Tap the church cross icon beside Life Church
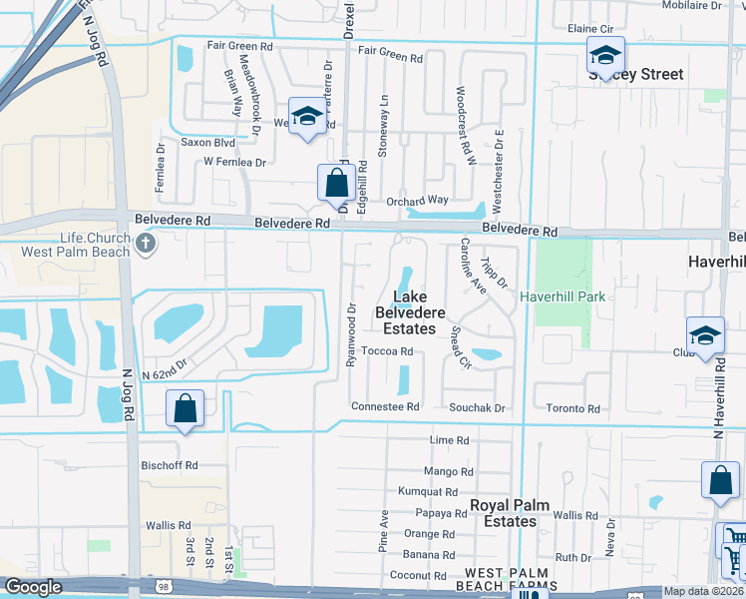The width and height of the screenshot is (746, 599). [146, 243]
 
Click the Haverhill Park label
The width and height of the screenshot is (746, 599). [561, 297]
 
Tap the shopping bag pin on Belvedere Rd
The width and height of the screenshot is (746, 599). [336, 185]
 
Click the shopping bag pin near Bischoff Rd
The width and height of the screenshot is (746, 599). [185, 409]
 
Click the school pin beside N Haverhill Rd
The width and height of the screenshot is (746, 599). [704, 336]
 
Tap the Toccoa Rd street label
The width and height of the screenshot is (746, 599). [387, 351]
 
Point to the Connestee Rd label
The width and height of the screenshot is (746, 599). [385, 407]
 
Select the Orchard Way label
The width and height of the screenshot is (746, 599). [418, 200]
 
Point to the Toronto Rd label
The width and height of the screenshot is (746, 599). [572, 409]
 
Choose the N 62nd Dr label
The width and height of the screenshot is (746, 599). [165, 373]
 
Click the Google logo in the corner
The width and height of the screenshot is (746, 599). [33, 587]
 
